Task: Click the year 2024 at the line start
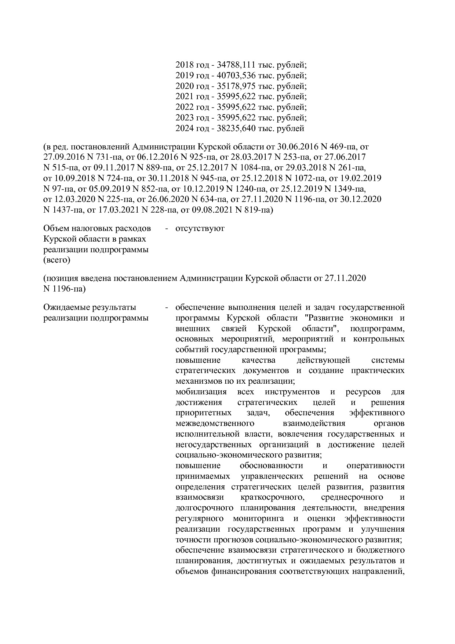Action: coord(185,129)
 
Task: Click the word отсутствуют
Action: coord(200,228)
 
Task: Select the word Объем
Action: coord(57,228)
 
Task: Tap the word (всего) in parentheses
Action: coord(57,260)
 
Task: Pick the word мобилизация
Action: coord(201,392)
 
